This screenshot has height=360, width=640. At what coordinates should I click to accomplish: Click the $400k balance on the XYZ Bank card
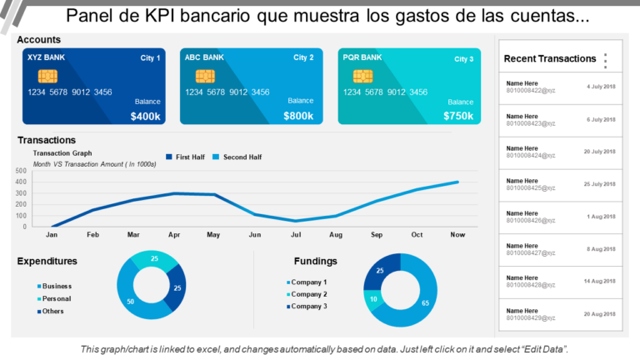(x=146, y=116)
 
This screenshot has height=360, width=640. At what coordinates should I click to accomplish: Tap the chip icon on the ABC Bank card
(x=205, y=76)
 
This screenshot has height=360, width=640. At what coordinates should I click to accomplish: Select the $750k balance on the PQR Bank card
(x=459, y=116)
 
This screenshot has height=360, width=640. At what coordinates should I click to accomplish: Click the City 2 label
(x=303, y=57)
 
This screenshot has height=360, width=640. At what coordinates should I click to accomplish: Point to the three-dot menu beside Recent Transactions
(x=606, y=60)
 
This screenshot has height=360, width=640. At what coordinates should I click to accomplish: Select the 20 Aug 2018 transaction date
(x=599, y=313)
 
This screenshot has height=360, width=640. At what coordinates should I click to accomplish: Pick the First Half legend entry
(x=190, y=157)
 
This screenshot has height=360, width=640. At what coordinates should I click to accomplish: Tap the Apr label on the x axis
(x=173, y=235)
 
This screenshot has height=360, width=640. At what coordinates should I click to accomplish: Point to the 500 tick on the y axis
(x=21, y=171)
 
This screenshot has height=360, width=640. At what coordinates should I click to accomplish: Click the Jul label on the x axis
(x=295, y=235)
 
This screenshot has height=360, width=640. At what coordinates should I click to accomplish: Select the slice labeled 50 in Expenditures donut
(x=132, y=300)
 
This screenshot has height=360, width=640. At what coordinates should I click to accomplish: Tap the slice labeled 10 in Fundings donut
(x=374, y=299)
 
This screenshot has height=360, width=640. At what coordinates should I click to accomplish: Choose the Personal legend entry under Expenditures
(x=57, y=298)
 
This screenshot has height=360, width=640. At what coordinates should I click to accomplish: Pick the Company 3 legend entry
(x=308, y=307)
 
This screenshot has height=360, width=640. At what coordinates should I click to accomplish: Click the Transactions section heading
(x=47, y=140)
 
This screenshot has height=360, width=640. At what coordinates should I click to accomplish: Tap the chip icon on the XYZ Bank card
(x=39, y=76)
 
